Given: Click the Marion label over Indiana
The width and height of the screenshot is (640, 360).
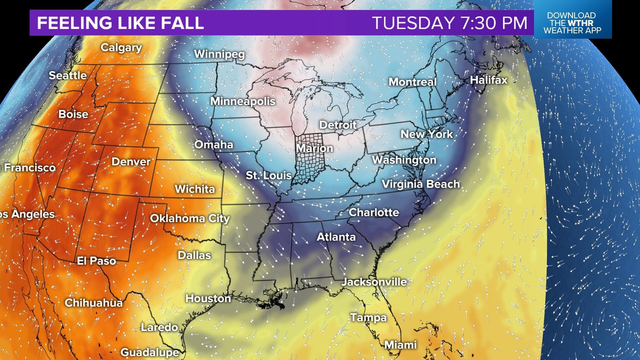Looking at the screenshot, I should pos(314,148).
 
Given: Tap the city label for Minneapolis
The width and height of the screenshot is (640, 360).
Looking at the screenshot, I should pos(243,101).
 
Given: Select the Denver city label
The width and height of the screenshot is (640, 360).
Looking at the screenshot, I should pos(131,162).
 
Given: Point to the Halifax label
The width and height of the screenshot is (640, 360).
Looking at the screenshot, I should pos(489,80).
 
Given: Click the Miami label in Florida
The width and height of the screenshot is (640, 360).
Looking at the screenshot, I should pos(400,345).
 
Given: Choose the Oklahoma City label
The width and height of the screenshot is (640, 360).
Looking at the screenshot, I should pos(190,219).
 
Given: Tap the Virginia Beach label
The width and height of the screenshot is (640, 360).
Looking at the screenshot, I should pos(421,184).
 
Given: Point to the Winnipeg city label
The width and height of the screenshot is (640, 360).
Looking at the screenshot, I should pos(219,54).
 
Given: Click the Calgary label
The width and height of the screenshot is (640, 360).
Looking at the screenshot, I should pos(121,48).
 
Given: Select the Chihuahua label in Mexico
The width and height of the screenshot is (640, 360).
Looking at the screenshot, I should pos(94,303).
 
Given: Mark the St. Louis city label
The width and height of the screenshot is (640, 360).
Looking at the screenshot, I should pos(269,175).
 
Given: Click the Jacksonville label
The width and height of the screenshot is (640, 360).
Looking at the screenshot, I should pos(374,282).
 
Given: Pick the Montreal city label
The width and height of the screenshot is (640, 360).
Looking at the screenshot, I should pos(412,82).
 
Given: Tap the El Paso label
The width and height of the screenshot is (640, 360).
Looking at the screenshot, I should pos(96,261).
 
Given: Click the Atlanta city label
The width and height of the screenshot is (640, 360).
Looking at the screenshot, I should pos(336,237).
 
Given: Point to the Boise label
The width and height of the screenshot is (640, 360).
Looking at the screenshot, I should pos(73,114).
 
